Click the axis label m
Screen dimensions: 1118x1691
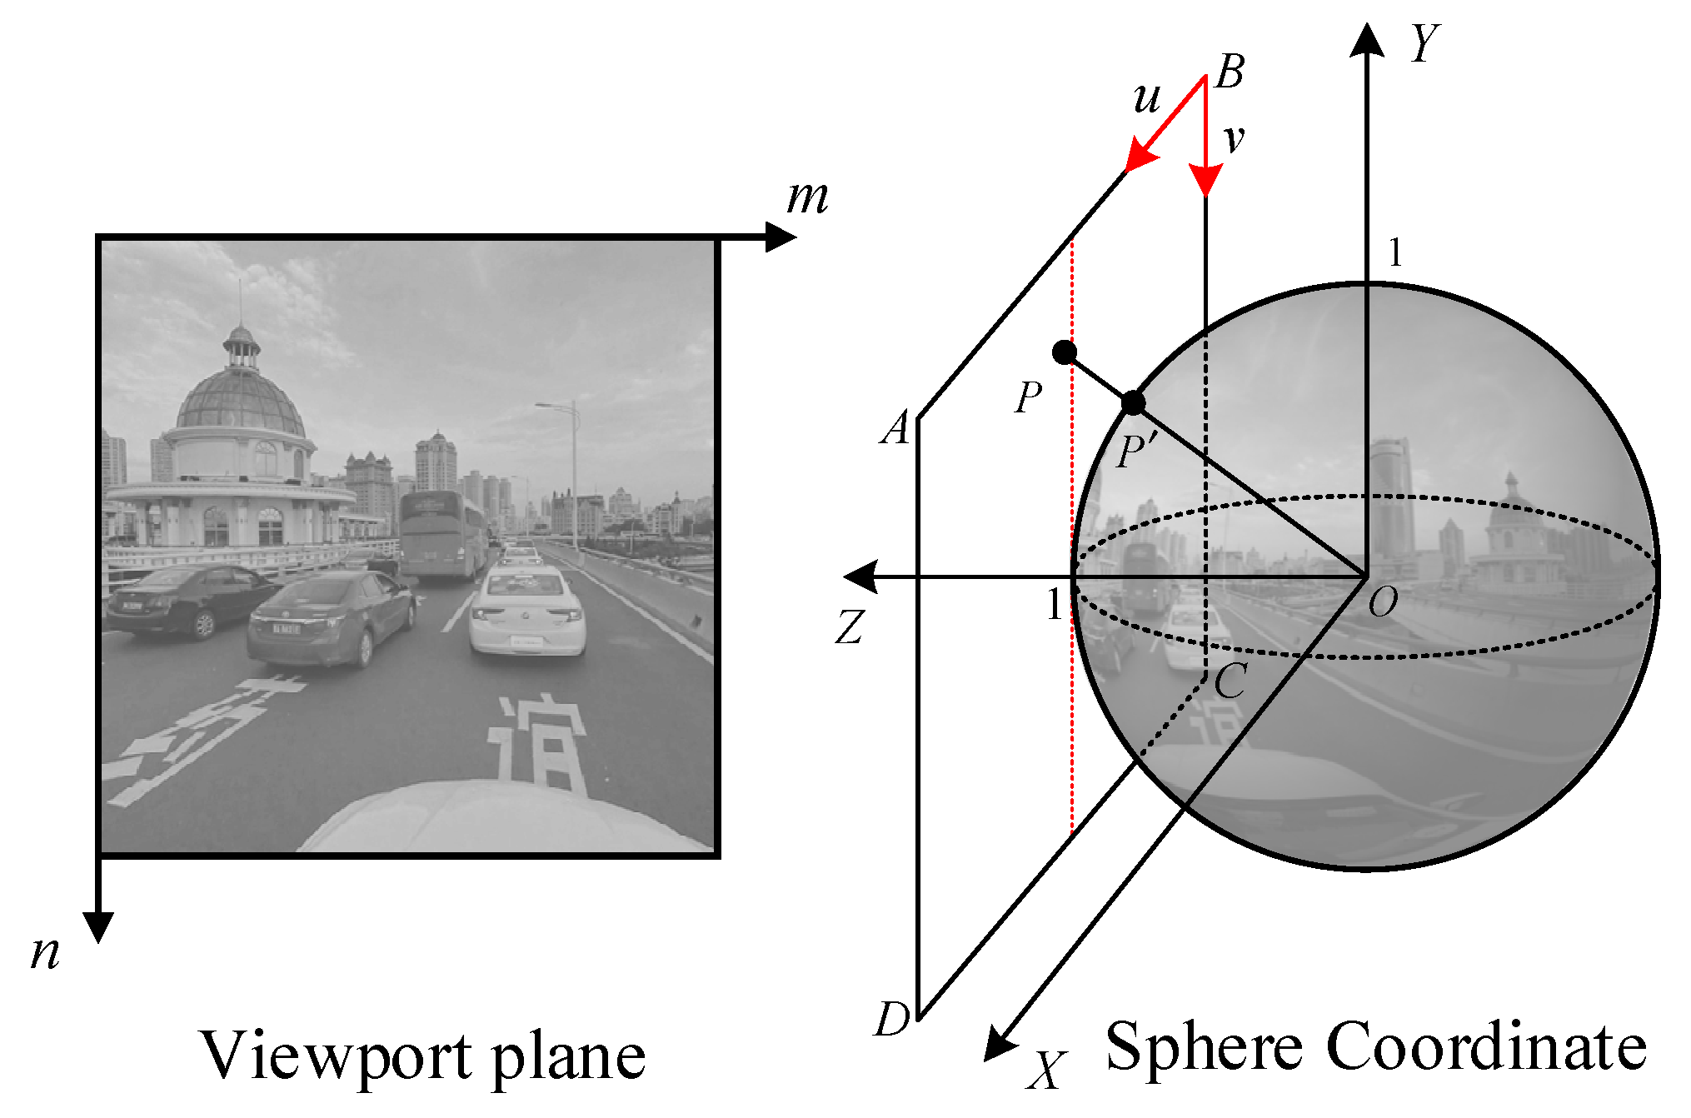[807, 198]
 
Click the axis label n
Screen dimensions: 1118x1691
[46, 952]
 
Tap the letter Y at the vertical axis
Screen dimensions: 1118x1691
[1425, 43]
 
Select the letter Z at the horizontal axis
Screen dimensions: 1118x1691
[850, 627]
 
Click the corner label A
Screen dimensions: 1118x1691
[896, 430]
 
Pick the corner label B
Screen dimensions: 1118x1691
[1230, 72]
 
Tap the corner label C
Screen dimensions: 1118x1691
[1230, 681]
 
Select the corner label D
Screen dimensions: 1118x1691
[892, 1019]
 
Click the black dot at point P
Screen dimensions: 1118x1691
[1064, 352]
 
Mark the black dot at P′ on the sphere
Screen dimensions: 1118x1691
[1133, 403]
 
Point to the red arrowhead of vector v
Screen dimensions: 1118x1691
[1205, 180]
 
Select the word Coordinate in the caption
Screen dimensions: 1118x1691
[1485, 1046]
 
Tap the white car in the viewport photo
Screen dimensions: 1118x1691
[526, 611]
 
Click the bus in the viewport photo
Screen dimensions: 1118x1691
[441, 533]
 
